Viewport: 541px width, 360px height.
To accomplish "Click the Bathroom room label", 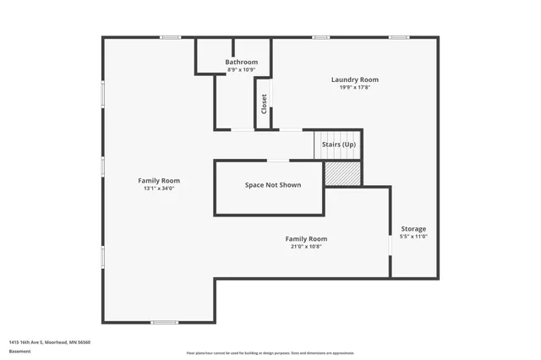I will [241, 63].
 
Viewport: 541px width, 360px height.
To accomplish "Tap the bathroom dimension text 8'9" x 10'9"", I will [241, 70].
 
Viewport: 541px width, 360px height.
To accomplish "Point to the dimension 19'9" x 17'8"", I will [354, 87].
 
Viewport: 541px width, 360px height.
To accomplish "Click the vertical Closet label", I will [264, 104].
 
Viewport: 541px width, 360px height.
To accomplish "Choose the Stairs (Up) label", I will [339, 145].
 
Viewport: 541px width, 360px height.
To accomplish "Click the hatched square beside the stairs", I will [343, 172].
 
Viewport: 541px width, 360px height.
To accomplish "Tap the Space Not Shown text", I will [272, 185].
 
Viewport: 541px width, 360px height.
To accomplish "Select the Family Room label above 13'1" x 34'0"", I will [159, 180].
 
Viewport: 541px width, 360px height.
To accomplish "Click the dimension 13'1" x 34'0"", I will [159, 188].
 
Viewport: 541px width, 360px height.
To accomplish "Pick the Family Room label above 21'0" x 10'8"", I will [305, 238].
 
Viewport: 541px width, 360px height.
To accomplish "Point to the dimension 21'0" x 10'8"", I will [305, 247].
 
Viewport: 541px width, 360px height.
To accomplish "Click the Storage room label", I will [413, 229].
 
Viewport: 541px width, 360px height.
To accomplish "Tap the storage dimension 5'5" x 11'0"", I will [413, 237].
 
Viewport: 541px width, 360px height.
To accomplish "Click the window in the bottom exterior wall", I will [164, 322].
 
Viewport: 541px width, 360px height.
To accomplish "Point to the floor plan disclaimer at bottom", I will [270, 353].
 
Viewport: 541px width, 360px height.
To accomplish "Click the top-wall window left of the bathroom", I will [171, 37].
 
